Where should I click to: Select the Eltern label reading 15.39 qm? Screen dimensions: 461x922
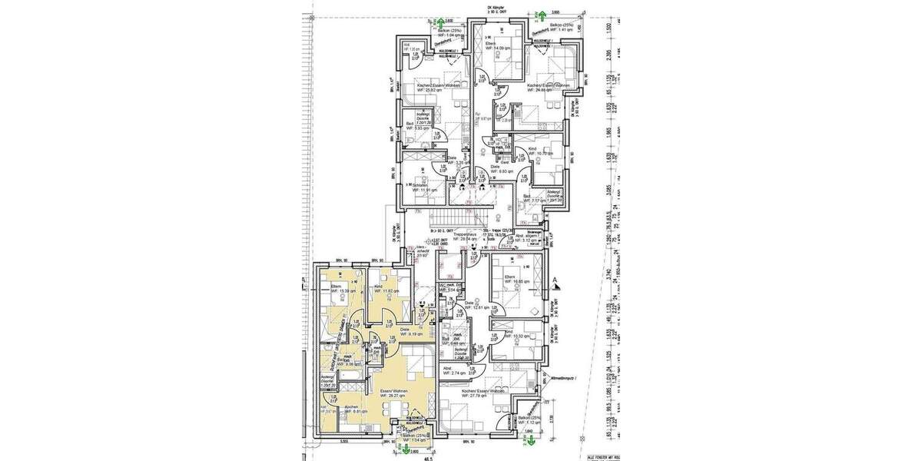(x=337, y=290)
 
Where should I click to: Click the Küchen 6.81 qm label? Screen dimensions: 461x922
(x=353, y=410)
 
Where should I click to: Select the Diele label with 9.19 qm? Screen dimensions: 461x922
(x=410, y=332)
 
